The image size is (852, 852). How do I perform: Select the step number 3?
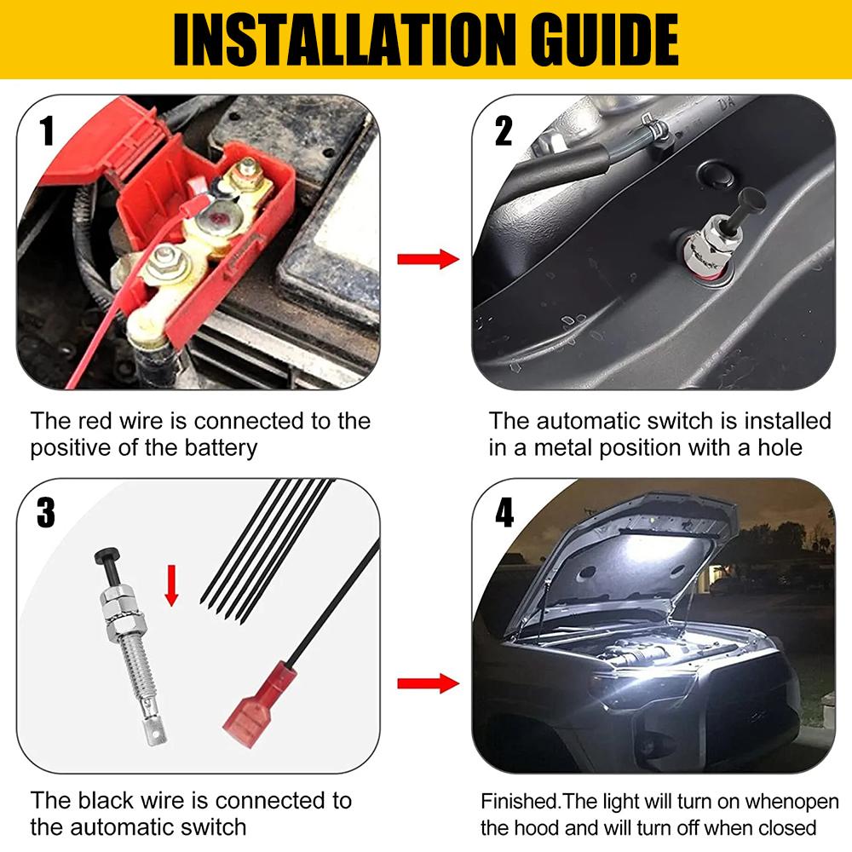click(x=47, y=513)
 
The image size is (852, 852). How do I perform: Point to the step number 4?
click(x=504, y=513)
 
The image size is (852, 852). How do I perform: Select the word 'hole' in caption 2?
click(x=780, y=447)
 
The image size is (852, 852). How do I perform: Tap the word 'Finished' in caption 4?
click(x=519, y=802)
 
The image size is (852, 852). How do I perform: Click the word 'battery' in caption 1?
click(x=216, y=447)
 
